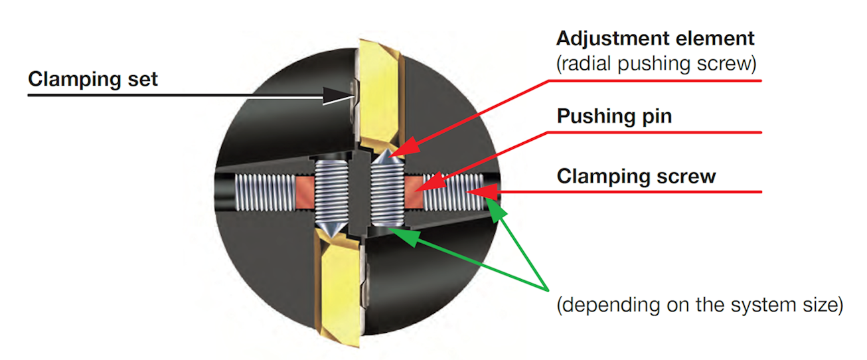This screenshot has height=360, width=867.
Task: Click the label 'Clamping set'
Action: [x=93, y=80]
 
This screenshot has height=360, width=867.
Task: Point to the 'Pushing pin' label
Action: [x=614, y=118]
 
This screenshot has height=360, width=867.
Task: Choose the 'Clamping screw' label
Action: [x=636, y=177]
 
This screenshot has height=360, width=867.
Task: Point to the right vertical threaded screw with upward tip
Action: [x=385, y=193]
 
